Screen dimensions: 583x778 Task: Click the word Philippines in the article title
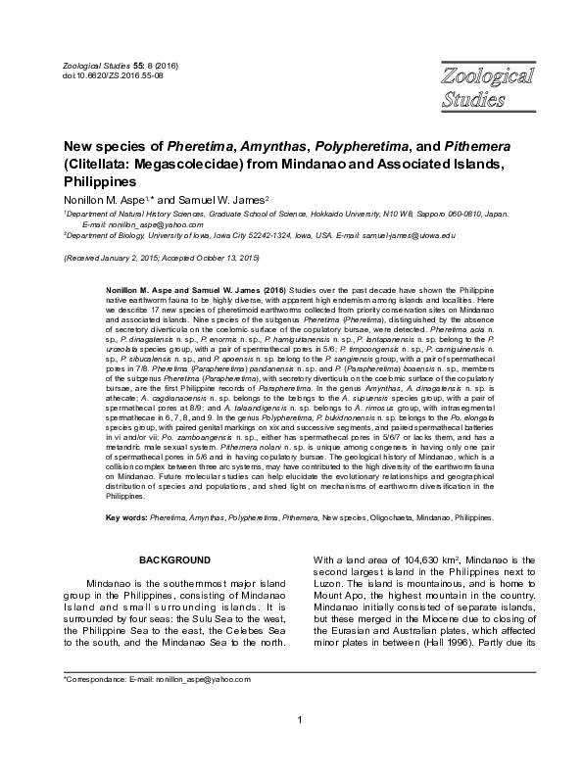pos(99,181)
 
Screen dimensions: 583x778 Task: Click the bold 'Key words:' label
pos(126,516)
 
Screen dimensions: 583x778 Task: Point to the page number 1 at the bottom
pos(298,749)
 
